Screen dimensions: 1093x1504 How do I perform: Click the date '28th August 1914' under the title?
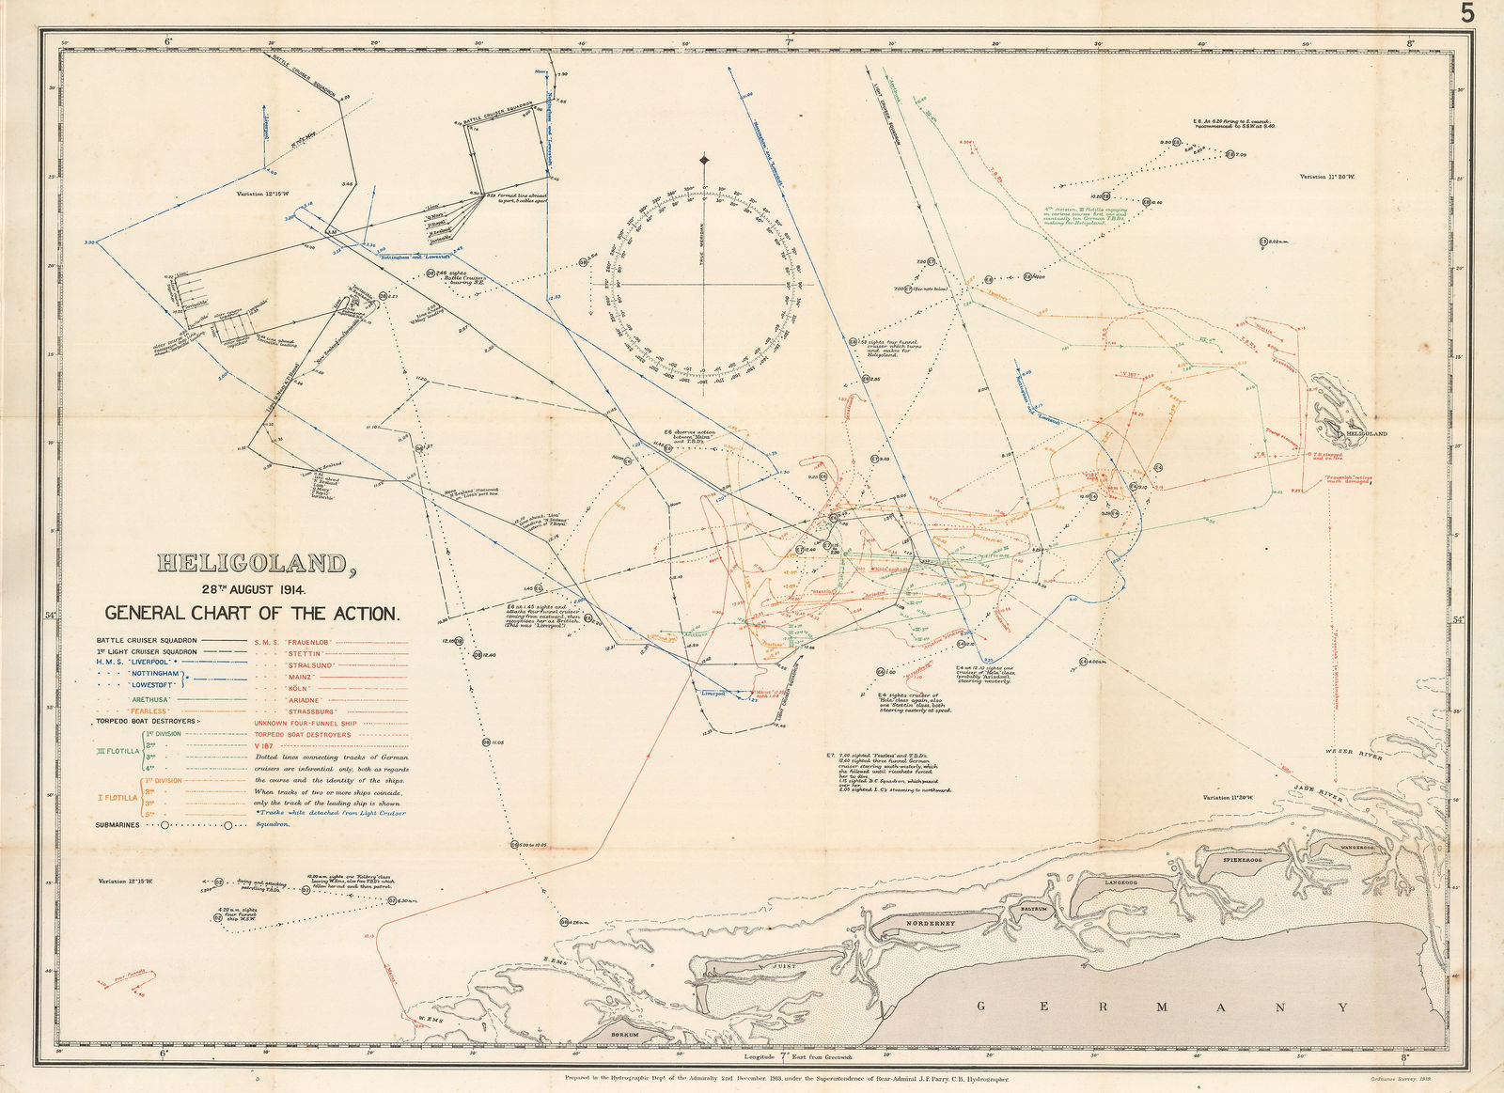(x=253, y=589)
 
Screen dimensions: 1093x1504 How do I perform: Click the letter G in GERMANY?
(x=981, y=1007)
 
